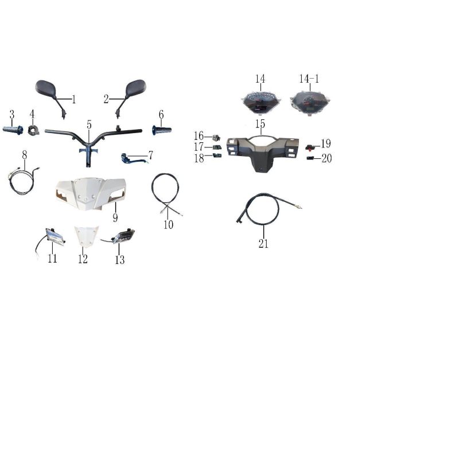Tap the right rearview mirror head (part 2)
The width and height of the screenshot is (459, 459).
(x=136, y=88)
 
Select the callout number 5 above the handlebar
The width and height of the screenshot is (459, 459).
(x=89, y=125)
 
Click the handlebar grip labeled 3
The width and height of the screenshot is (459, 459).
(x=13, y=130)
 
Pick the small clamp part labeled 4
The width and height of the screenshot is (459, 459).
(x=33, y=130)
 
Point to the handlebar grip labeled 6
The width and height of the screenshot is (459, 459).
(x=162, y=130)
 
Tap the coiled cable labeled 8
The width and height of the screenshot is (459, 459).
(x=21, y=182)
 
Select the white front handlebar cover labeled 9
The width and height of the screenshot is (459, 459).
(x=91, y=193)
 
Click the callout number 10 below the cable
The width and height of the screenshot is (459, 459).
(x=168, y=224)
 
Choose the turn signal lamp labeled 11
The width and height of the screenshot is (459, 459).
(x=55, y=237)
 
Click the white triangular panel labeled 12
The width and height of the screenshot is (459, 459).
(x=86, y=236)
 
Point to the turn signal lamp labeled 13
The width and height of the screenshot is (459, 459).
(x=123, y=236)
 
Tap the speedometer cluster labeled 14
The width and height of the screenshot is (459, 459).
(x=260, y=103)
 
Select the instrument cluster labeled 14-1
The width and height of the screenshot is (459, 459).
(x=310, y=103)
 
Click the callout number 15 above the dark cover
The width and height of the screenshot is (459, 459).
(x=260, y=124)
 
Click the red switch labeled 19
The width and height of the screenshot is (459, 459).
(x=310, y=147)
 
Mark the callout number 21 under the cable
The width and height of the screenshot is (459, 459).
(x=263, y=243)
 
